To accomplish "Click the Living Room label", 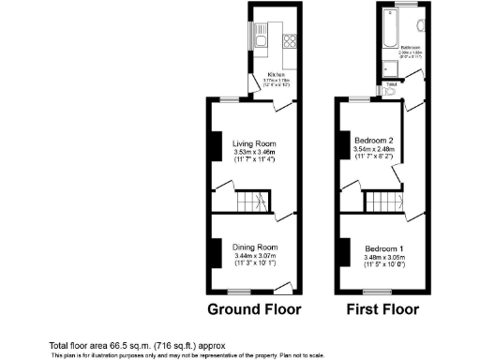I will (x=249, y=143).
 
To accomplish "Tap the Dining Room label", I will (x=249, y=247).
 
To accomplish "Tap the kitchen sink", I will (x=261, y=40).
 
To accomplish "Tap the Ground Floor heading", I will (x=250, y=309).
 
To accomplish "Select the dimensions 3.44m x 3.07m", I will (x=249, y=256).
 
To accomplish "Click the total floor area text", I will (x=137, y=345).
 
